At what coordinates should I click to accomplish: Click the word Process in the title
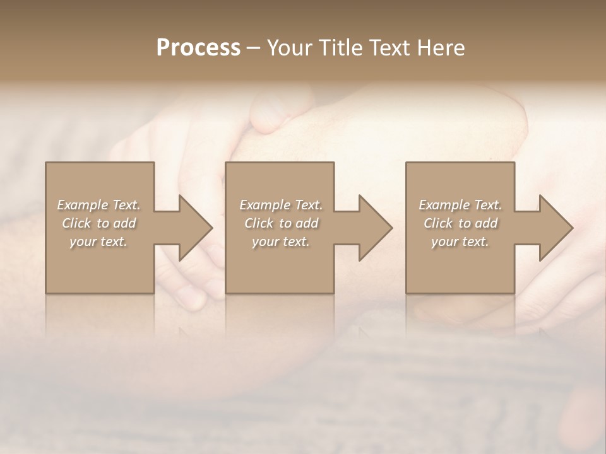coord(198,48)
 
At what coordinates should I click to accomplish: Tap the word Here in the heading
coord(441,48)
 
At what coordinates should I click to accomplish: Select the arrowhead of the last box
coord(555,228)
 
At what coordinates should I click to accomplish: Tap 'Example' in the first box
coord(82,205)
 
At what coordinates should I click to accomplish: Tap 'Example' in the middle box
coord(264,205)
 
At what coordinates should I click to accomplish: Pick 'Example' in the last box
coord(444,205)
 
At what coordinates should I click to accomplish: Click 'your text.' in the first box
coord(98,242)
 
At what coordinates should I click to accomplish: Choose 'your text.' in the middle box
coord(280,242)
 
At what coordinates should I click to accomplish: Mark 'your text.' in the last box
coord(460,242)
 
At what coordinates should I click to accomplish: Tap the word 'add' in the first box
coord(125,223)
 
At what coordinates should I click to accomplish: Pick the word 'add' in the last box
coord(487,223)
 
